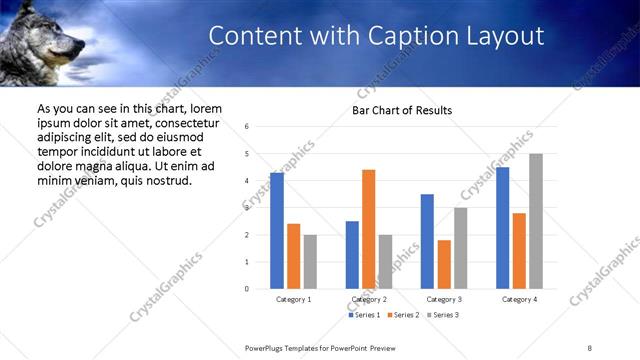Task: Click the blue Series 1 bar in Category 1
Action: coord(277,231)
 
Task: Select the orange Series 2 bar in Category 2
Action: coord(368,229)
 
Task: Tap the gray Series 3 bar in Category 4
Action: coord(536,221)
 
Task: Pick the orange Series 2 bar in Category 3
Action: coord(444,264)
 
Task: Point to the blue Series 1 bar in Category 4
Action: coord(502,228)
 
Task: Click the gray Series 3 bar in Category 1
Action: coord(310,262)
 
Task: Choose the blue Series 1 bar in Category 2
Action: coord(352,255)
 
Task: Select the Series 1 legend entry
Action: coord(363,315)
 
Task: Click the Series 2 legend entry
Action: coord(401,315)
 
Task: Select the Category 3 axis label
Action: coord(444,299)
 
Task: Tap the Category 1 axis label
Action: coord(293,299)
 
